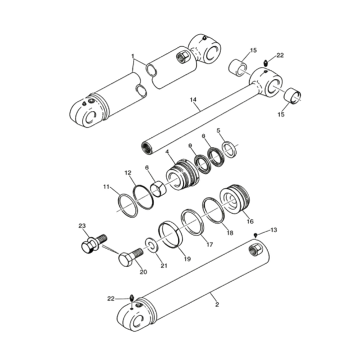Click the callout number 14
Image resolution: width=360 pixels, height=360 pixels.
pos(193,100)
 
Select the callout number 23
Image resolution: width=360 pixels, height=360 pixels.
pos(82,226)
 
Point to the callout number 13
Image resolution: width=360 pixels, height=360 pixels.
pos(274,230)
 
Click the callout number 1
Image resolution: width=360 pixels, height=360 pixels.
pos(133,56)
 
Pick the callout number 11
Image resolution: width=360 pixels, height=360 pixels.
pos(106,186)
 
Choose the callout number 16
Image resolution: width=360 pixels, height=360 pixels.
pos(250,222)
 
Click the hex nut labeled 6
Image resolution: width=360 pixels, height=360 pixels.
pos(158,188)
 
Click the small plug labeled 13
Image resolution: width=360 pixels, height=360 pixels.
pos(255,235)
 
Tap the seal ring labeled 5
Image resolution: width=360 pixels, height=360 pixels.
pos(229,149)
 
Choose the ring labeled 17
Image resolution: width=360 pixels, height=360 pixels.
pos(192,222)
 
